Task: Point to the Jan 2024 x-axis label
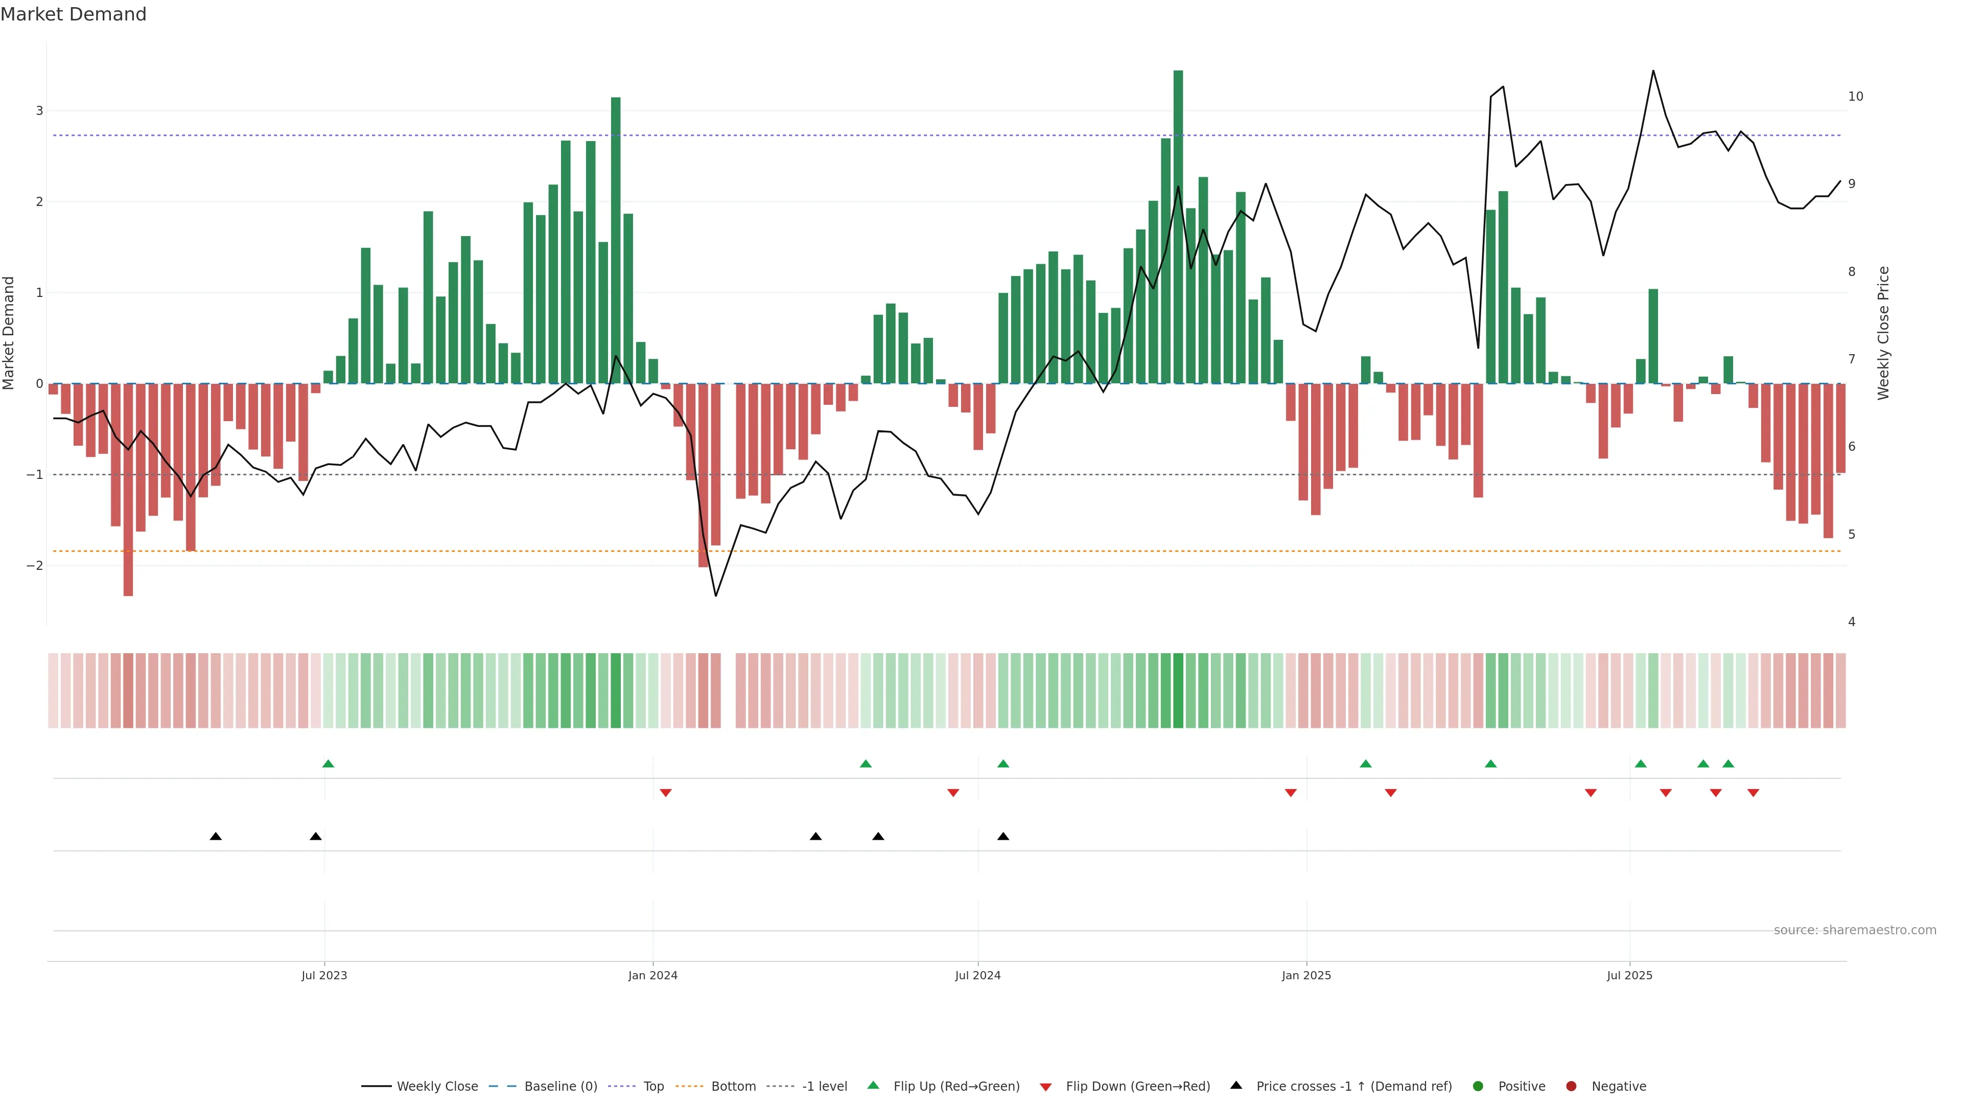(x=653, y=975)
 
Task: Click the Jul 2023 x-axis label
(x=324, y=975)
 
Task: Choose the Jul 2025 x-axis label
(x=1629, y=975)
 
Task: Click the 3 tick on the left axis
(x=40, y=111)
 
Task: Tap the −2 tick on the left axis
(x=35, y=565)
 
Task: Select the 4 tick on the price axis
(x=1852, y=622)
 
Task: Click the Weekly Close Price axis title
(x=1883, y=333)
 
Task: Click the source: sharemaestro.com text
(x=1855, y=930)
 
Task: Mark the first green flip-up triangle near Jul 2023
(x=328, y=764)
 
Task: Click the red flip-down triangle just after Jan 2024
(x=666, y=793)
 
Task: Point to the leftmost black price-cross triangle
(x=216, y=837)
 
